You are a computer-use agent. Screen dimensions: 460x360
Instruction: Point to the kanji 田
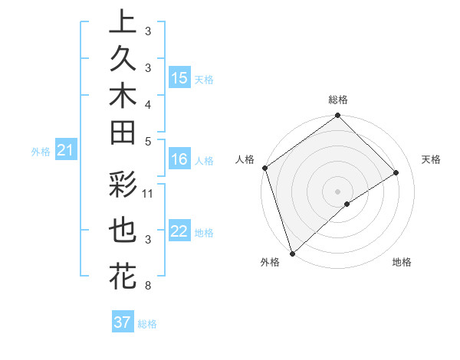[x=123, y=133]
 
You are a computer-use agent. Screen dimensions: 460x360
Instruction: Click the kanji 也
[x=123, y=231]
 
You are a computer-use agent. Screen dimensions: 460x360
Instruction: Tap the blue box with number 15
[x=179, y=78]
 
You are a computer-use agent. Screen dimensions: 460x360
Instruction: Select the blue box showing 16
[x=179, y=159]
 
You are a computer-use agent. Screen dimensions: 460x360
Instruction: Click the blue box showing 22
[x=179, y=231]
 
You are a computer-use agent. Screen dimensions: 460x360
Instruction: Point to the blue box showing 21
[x=66, y=151]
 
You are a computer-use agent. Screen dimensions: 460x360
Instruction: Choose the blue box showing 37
[x=122, y=322]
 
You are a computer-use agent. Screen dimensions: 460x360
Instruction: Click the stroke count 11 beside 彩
[x=148, y=193]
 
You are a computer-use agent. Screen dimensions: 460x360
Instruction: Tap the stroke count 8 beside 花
[x=147, y=286]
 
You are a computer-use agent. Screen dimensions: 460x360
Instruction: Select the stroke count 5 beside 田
[x=147, y=141]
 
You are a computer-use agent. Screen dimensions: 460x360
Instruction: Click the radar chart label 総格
[x=337, y=100]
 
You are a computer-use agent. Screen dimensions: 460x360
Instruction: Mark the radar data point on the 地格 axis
[x=347, y=204]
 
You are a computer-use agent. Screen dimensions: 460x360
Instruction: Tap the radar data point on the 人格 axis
[x=264, y=168]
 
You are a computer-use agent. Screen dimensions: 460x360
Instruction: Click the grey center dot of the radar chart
[x=337, y=191]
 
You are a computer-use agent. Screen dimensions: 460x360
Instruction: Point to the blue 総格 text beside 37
[x=147, y=324]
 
